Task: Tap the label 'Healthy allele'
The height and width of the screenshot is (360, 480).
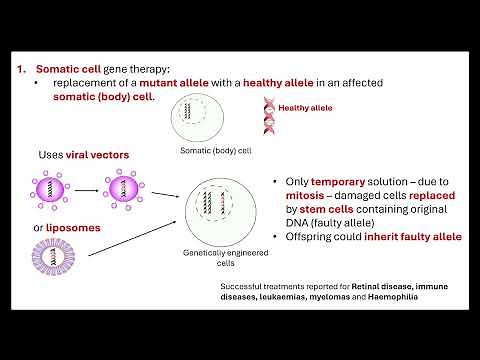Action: coord(305,107)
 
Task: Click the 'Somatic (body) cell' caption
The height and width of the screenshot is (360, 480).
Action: coord(214,151)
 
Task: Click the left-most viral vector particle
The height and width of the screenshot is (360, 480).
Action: coord(49,190)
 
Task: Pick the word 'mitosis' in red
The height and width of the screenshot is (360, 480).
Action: coord(299,198)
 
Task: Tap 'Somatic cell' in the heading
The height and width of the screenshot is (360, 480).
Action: coord(69,69)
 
